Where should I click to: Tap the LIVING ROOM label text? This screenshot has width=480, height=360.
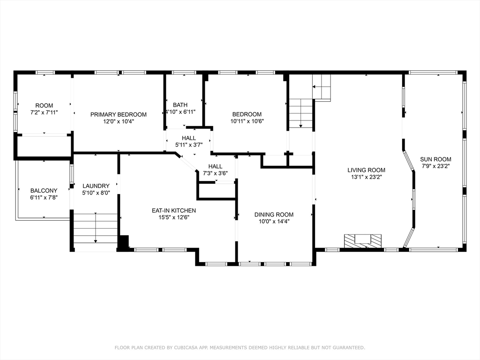pos(366,170)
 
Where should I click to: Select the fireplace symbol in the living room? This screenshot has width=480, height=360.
pos(362,240)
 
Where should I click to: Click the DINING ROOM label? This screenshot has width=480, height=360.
pos(274,215)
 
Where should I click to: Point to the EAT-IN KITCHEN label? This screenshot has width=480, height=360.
pos(173,210)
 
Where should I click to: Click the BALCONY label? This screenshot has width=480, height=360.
pos(44,191)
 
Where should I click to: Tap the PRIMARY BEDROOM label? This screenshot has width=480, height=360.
pos(118,114)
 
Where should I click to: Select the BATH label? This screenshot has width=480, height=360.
pos(180,105)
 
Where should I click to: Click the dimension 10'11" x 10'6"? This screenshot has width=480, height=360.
pos(247,121)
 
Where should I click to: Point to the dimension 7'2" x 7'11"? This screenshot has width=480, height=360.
pos(44,112)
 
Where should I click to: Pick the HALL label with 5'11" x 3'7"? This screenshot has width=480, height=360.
pos(189,138)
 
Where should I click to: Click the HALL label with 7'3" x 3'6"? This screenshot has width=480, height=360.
pos(215,166)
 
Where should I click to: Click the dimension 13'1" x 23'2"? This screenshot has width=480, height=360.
pos(366,177)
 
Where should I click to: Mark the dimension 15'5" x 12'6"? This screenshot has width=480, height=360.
pos(173,217)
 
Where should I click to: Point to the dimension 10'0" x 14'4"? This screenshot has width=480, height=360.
pos(274,222)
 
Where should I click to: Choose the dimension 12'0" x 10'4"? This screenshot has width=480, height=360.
pos(118,121)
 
